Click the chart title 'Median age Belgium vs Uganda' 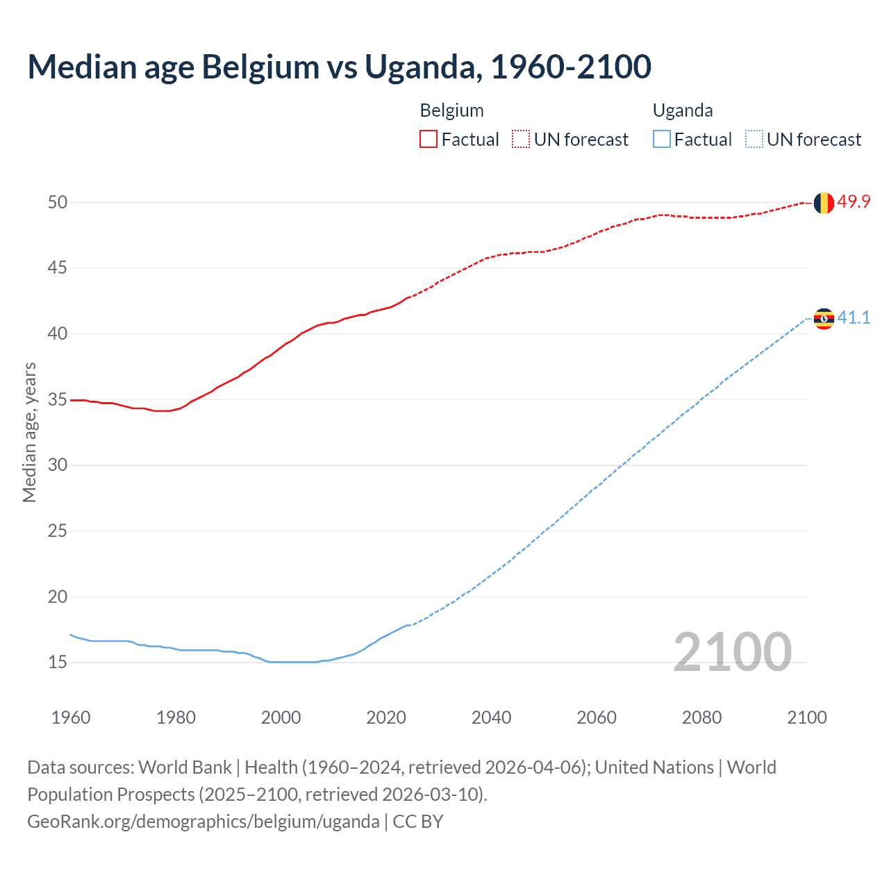click(x=339, y=67)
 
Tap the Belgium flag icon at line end click(x=824, y=203)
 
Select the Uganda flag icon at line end click(x=824, y=319)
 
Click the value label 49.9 click(x=854, y=202)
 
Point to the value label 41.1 click(x=854, y=318)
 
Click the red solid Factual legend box click(x=429, y=140)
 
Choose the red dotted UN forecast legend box click(x=521, y=140)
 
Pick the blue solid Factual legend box click(x=661, y=140)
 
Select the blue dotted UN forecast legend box click(x=754, y=140)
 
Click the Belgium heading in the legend click(x=451, y=110)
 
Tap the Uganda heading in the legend click(x=683, y=110)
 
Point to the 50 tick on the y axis click(x=58, y=202)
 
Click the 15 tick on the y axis click(x=58, y=663)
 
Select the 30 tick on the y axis click(x=58, y=465)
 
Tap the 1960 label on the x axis click(x=71, y=717)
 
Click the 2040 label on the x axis click(x=491, y=717)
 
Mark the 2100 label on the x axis click(x=806, y=717)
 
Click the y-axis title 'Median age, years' click(x=29, y=432)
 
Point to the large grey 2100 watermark click(x=732, y=652)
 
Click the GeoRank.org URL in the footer click(x=203, y=822)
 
